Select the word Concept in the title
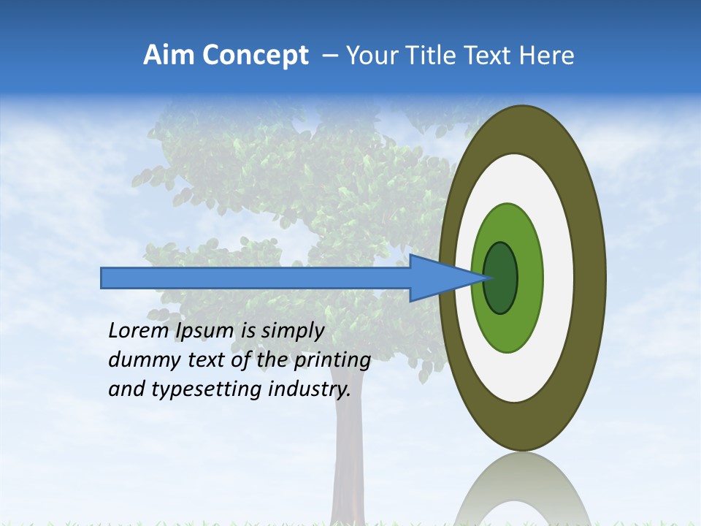255,56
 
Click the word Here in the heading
547,56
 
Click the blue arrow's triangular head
438,278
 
